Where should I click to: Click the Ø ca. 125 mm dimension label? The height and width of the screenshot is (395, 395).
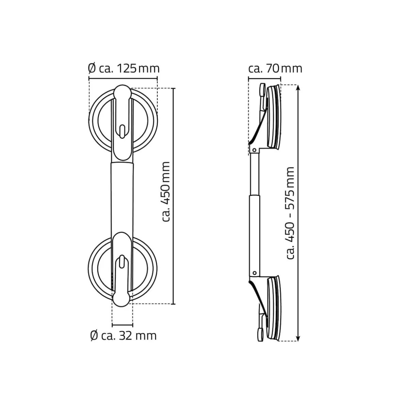click(124, 68)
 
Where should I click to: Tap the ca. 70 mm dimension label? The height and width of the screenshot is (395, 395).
click(275, 68)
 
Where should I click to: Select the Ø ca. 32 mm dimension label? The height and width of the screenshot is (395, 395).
click(123, 335)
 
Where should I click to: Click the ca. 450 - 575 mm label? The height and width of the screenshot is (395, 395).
click(290, 213)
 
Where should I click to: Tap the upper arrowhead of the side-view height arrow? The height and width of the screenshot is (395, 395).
click(298, 87)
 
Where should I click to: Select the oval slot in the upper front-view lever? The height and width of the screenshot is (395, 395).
click(122, 131)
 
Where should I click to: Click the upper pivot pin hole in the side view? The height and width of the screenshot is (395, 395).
click(254, 151)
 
